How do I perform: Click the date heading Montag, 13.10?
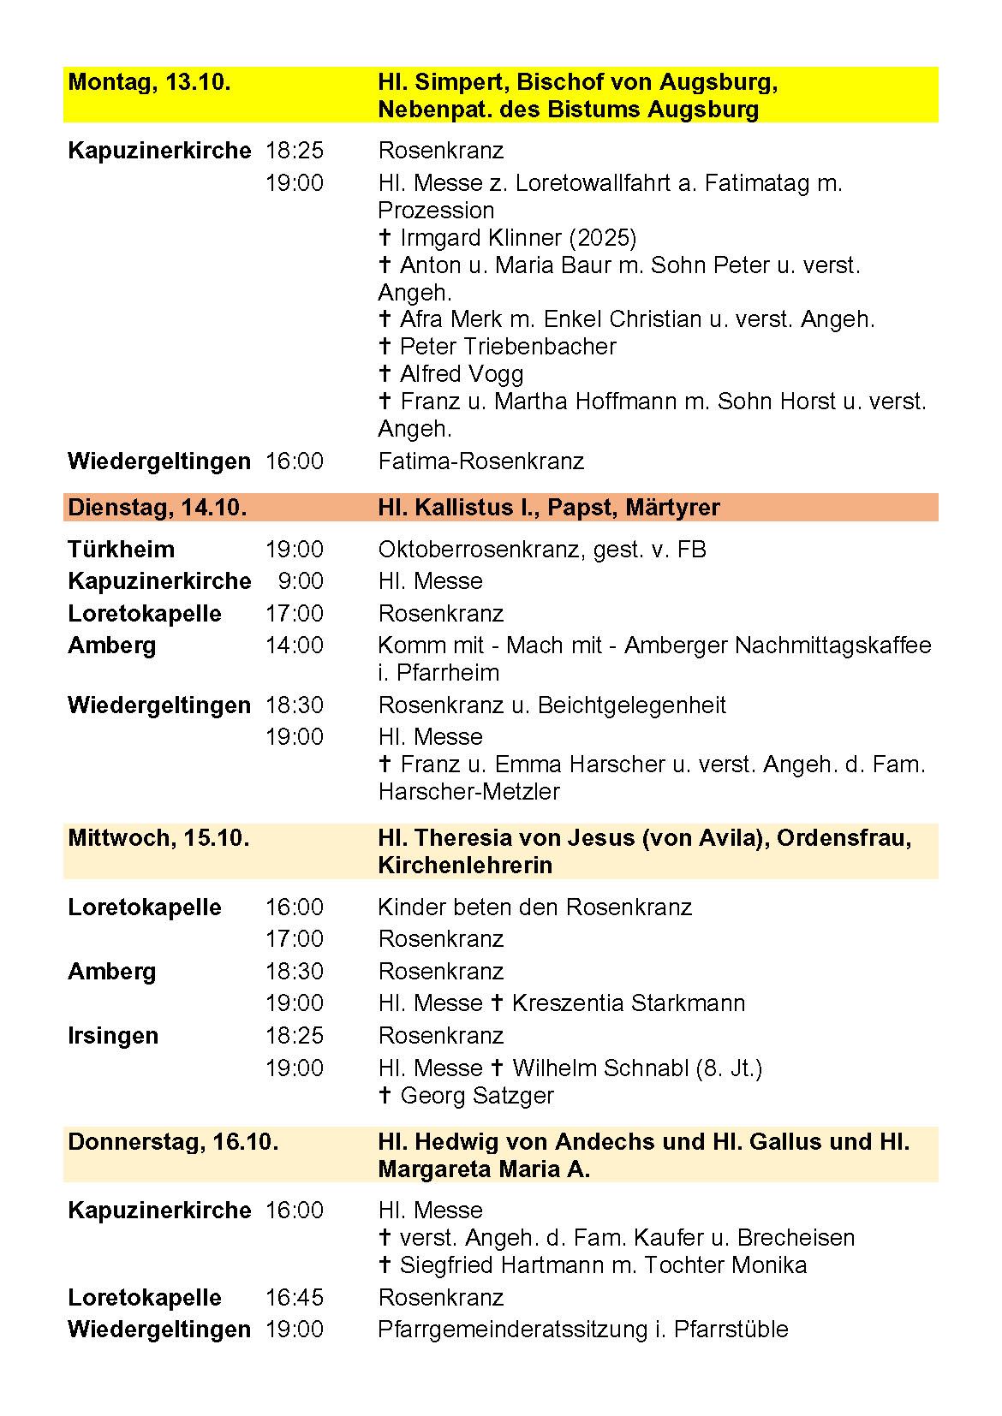[x=149, y=83]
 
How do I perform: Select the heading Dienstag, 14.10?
[x=157, y=508]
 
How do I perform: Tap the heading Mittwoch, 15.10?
[x=158, y=838]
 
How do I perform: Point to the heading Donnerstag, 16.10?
[x=173, y=1142]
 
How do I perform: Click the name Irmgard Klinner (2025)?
[x=518, y=238]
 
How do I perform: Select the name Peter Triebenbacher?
[x=508, y=347]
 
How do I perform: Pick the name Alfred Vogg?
[x=462, y=374]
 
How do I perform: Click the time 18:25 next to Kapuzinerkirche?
[x=295, y=152]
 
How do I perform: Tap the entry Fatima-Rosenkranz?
[x=481, y=462]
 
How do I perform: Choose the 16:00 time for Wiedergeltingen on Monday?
[x=295, y=462]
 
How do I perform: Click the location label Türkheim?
[x=121, y=550]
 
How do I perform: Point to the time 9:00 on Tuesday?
[x=301, y=581]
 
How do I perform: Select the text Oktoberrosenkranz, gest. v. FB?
[x=542, y=550]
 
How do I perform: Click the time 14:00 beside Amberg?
[x=295, y=646]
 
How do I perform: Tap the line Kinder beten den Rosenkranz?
[x=534, y=907]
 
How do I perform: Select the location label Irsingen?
[x=113, y=1036]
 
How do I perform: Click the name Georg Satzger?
[x=477, y=1096]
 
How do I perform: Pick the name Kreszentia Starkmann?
[x=628, y=1003]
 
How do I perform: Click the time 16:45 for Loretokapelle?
[x=295, y=1298]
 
